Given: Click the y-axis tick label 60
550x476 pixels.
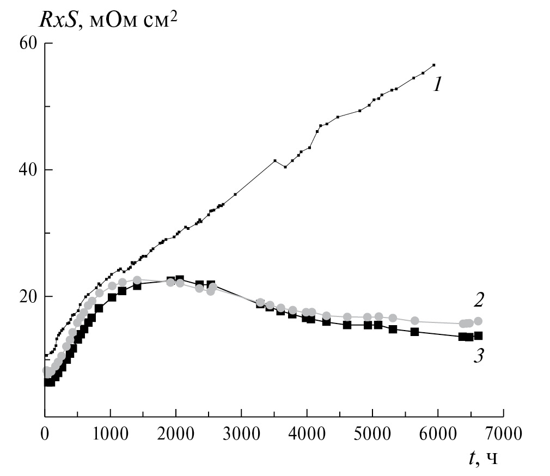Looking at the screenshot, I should click(x=28, y=43).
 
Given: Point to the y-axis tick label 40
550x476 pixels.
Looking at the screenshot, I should click(x=28, y=170).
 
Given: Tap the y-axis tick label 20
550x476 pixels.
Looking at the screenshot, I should click(x=28, y=297).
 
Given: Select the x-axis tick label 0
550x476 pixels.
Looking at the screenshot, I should click(x=45, y=435).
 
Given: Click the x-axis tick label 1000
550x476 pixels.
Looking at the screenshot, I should click(x=111, y=435).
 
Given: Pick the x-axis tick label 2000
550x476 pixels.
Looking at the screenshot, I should click(x=176, y=435).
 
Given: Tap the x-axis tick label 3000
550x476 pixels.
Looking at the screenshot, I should click(x=241, y=435).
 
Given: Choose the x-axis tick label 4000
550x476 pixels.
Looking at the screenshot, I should click(x=307, y=435).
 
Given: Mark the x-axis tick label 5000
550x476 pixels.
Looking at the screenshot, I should click(x=372, y=435).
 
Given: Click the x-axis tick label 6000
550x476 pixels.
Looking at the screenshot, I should click(x=438, y=435).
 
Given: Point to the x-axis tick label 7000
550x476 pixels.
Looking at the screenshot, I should click(x=503, y=435).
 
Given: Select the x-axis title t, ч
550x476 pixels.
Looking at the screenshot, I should click(x=482, y=459).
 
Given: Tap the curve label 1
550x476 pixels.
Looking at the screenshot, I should click(x=437, y=84).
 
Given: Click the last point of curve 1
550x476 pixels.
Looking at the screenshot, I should click(x=433, y=65).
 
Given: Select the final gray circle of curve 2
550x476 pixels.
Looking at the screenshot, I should click(x=478, y=321).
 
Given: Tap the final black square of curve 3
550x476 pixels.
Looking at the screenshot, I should click(x=478, y=336).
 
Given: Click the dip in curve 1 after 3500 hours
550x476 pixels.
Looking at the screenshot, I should click(x=285, y=167).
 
